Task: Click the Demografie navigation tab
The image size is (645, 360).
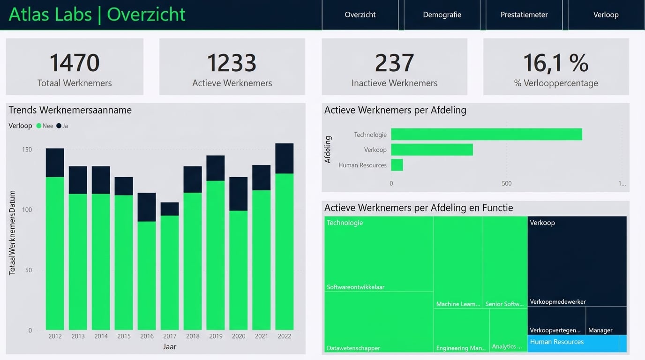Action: pos(442,15)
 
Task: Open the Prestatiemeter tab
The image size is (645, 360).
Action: pos(524,15)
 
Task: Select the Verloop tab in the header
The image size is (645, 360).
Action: pos(606,15)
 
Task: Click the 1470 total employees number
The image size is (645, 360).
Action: pos(75,63)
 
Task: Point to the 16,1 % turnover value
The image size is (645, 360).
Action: pos(555,63)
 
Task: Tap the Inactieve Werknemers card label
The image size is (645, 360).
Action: pos(394,83)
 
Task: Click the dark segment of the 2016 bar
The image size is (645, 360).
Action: pos(147,207)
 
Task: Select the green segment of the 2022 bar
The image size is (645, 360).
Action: pos(285,251)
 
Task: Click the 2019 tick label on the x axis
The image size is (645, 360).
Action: pos(216,336)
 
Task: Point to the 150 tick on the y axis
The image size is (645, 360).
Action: pos(27,150)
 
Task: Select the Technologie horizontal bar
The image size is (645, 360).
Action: pos(487,135)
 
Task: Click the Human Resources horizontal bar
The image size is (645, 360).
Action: pos(397,165)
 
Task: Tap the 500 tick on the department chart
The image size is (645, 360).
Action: pos(507,183)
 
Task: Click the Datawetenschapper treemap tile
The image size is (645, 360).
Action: pos(379,322)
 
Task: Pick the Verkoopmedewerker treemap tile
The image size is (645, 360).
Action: pos(577,261)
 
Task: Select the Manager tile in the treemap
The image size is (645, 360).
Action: pos(606,321)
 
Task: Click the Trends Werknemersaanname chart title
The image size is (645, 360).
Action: pos(70,110)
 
